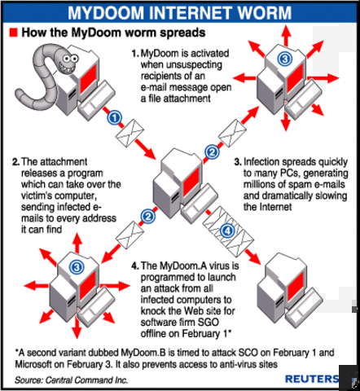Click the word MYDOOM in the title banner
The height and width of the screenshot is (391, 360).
pos(110,12)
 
